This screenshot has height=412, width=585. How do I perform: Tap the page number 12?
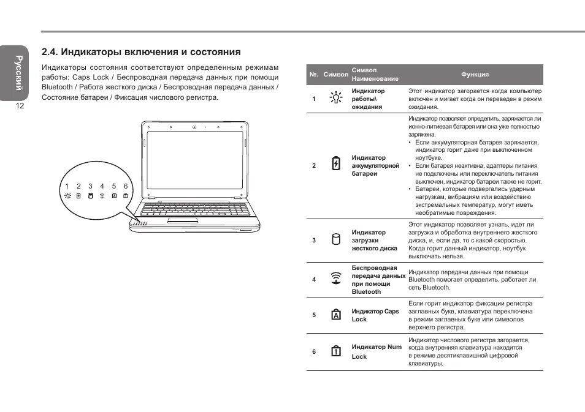point(20,106)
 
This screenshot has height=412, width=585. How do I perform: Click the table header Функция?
point(475,75)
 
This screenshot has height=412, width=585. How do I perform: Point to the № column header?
point(313,75)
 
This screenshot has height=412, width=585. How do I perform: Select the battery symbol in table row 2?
point(335,164)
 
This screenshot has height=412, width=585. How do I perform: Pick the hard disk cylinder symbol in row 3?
point(335,239)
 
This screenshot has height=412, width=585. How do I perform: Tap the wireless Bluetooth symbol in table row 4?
point(335,279)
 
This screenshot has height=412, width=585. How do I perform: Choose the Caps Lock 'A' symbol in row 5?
point(335,315)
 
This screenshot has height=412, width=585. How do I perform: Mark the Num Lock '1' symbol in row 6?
point(335,351)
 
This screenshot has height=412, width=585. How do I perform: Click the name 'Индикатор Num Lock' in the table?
point(376,351)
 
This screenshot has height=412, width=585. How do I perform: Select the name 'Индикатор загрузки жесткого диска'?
point(374,240)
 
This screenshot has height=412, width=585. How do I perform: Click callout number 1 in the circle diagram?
point(67,186)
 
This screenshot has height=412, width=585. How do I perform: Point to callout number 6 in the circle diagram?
point(125,186)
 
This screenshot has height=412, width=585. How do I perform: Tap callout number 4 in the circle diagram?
point(102,186)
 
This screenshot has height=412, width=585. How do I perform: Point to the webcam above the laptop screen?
point(194,128)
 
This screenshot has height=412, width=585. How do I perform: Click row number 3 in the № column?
point(313,240)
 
